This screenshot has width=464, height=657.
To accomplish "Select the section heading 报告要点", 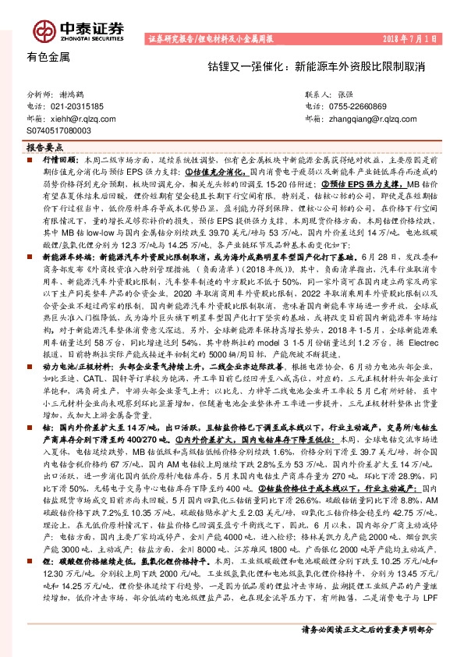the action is pos(43,147).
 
